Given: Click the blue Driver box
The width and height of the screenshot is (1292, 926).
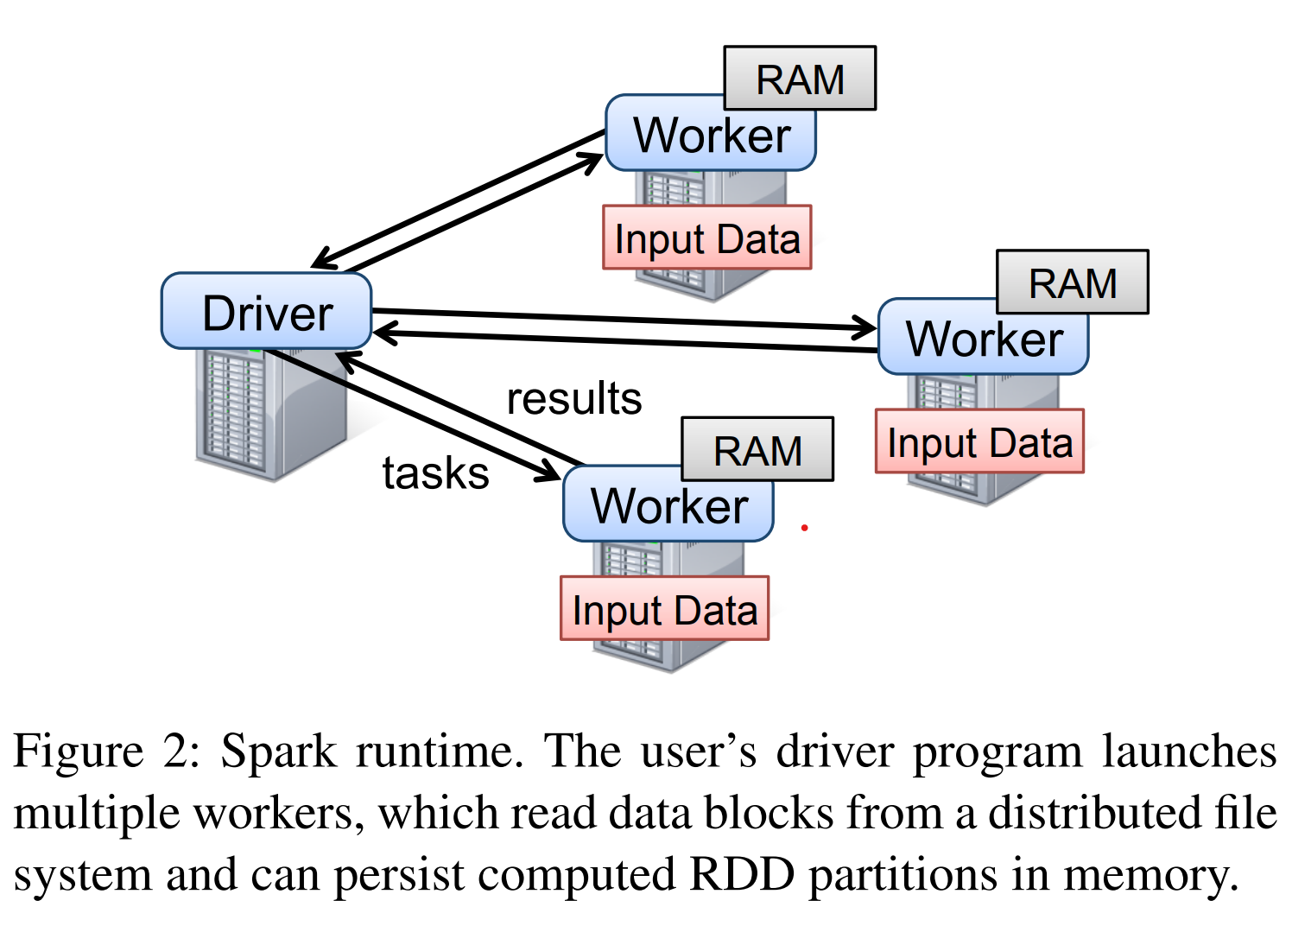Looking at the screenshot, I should point(266,312).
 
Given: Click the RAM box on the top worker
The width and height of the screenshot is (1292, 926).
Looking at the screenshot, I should point(800,79).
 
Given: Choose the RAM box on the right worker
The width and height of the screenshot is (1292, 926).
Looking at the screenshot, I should point(1073,282).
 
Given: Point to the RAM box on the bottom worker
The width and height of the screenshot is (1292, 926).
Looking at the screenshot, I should point(757,449).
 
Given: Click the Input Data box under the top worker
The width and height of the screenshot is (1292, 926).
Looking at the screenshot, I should point(706,238).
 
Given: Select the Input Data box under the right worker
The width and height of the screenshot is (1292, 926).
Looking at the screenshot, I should point(979,441).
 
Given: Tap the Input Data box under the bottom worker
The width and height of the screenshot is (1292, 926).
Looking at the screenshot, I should point(664,609).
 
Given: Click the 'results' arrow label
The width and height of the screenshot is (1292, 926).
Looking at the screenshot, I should point(573,398).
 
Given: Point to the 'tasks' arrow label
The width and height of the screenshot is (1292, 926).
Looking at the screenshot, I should point(435,473).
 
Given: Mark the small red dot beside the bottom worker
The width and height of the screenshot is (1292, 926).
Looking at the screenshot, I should point(804,527).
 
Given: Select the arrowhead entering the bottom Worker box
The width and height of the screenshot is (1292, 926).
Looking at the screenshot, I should point(549,472).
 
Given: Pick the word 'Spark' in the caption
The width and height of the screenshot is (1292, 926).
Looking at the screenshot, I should point(278,751).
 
